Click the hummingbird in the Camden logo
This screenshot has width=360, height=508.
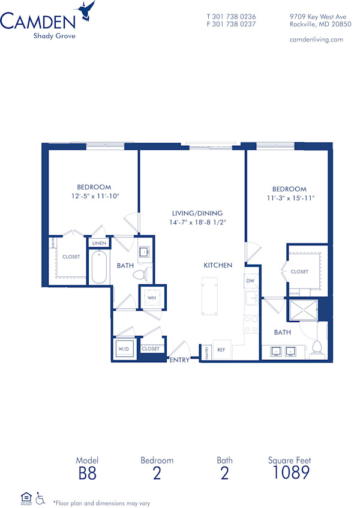click(87, 10)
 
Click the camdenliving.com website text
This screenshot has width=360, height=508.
click(316, 40)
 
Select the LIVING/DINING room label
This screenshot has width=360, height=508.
click(197, 213)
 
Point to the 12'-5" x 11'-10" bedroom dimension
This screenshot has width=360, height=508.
click(94, 196)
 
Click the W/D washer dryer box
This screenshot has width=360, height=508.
click(124, 348)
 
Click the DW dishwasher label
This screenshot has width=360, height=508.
click(250, 281)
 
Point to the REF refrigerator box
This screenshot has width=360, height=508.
click(221, 349)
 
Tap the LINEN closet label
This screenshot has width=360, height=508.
click(99, 243)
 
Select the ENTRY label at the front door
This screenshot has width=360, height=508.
click(179, 360)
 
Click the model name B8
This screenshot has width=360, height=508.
click(86, 473)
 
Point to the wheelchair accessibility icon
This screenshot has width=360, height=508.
click(41, 498)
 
